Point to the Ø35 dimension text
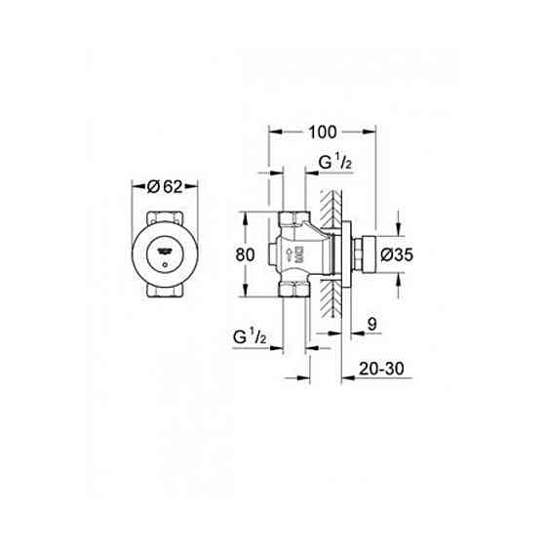point(399,255)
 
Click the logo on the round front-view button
point(167,251)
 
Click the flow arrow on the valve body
point(289,256)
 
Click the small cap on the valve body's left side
point(268,256)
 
